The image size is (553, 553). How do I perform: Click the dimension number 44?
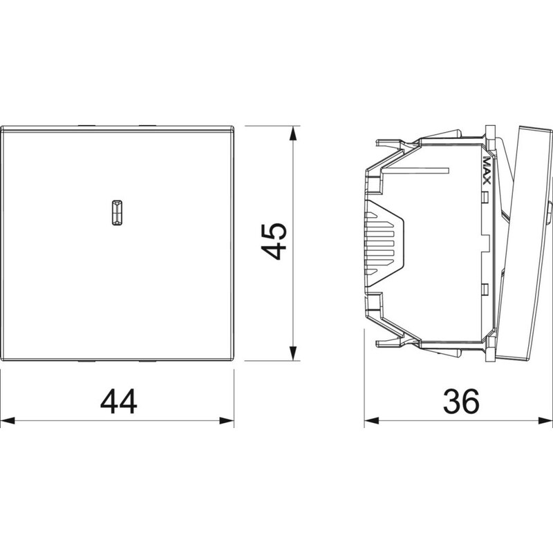(x=118, y=402)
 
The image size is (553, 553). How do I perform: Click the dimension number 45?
(x=274, y=241)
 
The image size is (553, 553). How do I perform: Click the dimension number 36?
(x=461, y=402)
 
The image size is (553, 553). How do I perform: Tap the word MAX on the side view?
(x=487, y=170)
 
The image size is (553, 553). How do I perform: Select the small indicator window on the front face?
(x=117, y=213)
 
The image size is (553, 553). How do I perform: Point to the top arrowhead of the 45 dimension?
(x=292, y=134)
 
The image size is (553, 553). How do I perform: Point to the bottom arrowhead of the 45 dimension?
(x=292, y=353)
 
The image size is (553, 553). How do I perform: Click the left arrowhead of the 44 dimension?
(x=8, y=420)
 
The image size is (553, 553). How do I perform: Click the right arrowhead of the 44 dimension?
(x=227, y=420)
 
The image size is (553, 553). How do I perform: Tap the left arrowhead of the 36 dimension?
(x=372, y=420)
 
